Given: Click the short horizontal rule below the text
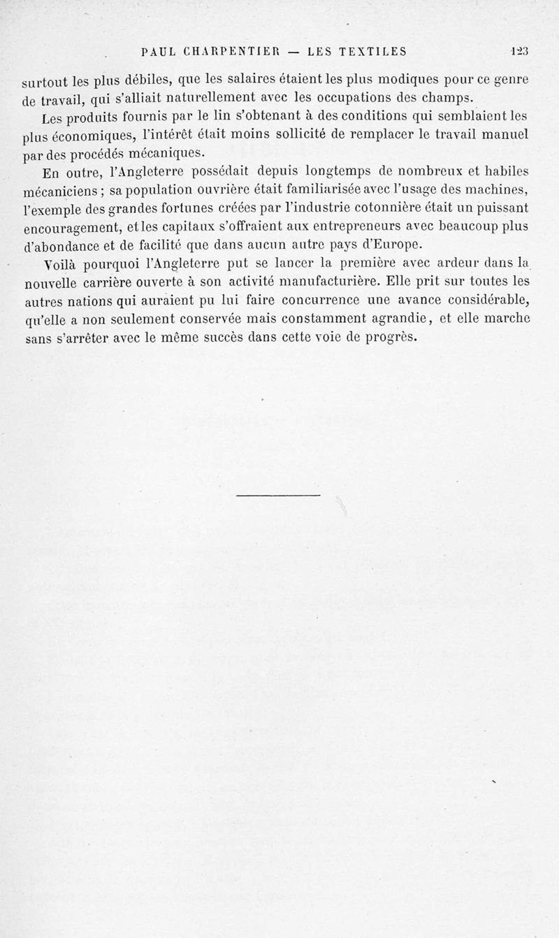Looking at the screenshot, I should click(x=277, y=496).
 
